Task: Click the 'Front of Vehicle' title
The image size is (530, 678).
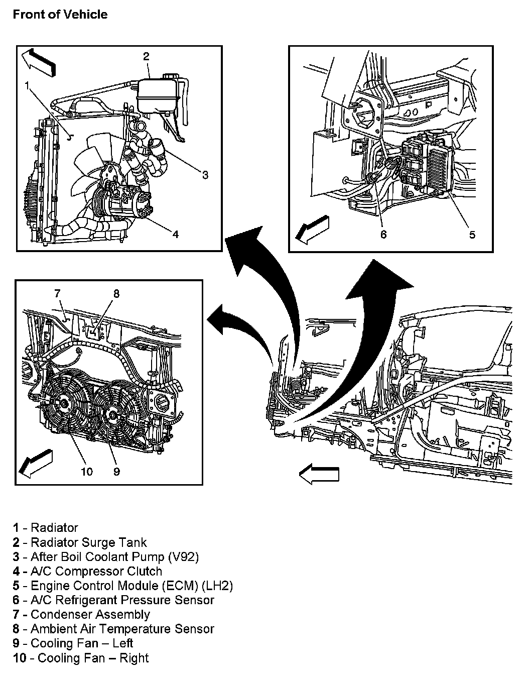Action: [60, 14]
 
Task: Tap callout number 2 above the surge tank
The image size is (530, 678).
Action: [146, 56]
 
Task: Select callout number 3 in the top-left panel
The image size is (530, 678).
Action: [205, 175]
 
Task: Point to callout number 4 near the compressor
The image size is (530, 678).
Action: [175, 234]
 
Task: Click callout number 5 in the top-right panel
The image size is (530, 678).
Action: [472, 234]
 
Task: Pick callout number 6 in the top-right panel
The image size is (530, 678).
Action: [383, 234]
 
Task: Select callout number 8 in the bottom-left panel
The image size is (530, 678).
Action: [116, 294]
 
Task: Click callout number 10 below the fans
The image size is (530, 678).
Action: [87, 471]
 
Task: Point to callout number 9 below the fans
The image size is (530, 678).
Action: [116, 471]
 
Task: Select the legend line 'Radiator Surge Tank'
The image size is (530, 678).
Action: [88, 542]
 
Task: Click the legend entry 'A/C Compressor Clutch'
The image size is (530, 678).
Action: [96, 571]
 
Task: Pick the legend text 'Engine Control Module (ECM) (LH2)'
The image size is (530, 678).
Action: [131, 586]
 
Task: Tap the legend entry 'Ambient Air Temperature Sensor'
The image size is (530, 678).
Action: [122, 629]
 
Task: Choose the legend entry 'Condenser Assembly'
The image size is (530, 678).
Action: [90, 614]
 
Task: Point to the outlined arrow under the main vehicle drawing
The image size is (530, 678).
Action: [319, 474]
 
